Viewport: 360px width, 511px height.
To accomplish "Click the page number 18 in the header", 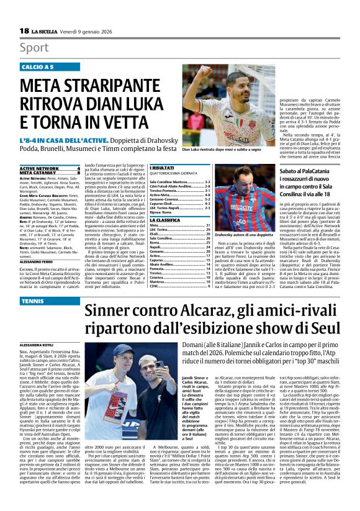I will (x=24, y=31).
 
